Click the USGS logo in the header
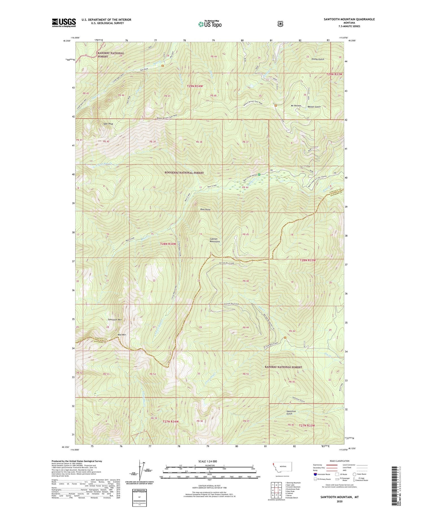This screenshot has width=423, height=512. [64, 23]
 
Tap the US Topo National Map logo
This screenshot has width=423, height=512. [210, 24]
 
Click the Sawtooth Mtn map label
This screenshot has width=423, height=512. [115, 319]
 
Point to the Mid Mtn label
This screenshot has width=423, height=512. [122, 335]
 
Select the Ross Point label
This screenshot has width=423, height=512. [205, 210]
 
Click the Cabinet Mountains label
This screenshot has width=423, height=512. [215, 240]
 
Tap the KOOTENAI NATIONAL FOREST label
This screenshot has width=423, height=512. [184, 173]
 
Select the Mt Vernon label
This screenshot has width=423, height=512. [296, 106]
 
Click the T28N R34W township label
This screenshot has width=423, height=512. [168, 244]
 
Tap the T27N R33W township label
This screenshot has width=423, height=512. [307, 425]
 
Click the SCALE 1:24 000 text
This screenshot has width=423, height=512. [208, 461]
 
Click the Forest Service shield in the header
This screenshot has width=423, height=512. [280, 24]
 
